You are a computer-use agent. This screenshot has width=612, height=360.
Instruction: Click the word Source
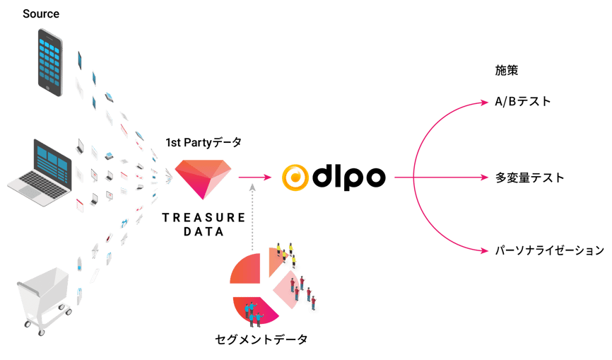click(x=41, y=13)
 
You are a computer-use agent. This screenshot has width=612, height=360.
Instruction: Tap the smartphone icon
click(x=50, y=62)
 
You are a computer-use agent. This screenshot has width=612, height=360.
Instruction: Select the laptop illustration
click(x=40, y=172)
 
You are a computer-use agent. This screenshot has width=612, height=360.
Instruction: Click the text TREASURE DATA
click(x=204, y=224)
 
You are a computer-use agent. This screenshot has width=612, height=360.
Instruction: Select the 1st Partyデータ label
click(x=204, y=143)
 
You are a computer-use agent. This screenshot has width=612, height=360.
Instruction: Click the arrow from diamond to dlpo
click(x=255, y=178)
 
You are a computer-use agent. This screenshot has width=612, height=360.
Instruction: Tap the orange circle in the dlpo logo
click(x=295, y=178)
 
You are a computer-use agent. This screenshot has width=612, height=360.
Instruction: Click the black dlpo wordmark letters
click(x=349, y=178)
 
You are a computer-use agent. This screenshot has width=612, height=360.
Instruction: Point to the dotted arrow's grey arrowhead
click(x=252, y=188)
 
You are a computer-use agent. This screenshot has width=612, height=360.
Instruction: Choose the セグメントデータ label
click(x=261, y=339)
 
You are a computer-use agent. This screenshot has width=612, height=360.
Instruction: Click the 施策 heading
click(x=506, y=70)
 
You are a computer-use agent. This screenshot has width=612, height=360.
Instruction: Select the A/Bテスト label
click(x=523, y=102)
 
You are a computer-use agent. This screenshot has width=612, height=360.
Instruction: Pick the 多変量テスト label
click(x=529, y=178)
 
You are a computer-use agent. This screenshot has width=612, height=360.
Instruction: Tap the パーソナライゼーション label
click(x=550, y=250)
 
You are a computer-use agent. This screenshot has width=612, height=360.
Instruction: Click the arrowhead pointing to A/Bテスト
click(x=484, y=103)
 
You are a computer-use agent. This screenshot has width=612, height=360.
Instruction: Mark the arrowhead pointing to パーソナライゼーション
click(x=484, y=250)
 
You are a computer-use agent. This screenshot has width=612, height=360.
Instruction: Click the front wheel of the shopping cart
click(x=41, y=332)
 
